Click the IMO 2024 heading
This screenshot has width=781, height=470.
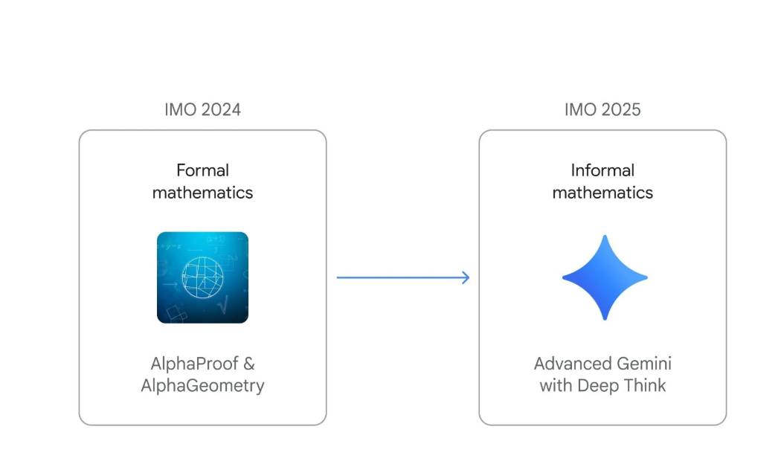click(202, 109)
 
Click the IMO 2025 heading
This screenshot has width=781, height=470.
click(602, 109)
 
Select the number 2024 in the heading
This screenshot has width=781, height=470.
click(219, 109)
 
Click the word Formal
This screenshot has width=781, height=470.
click(202, 170)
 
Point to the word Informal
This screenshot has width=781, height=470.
click(602, 170)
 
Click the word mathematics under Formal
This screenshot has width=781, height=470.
click(202, 193)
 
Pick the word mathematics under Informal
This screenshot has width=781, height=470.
click(602, 193)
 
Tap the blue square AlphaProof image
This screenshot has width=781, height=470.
click(202, 277)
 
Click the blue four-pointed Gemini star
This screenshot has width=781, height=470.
click(605, 277)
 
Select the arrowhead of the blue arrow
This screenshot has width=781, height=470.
click(466, 277)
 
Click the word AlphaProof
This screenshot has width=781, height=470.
click(193, 364)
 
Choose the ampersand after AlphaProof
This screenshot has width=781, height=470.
click(249, 364)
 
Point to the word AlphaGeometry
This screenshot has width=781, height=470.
click(202, 386)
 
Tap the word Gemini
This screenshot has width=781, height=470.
click(643, 364)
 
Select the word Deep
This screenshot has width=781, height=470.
click(599, 386)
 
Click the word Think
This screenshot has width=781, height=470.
click(645, 386)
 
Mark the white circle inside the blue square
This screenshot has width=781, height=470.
click(203, 277)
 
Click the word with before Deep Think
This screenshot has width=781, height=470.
click(555, 386)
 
